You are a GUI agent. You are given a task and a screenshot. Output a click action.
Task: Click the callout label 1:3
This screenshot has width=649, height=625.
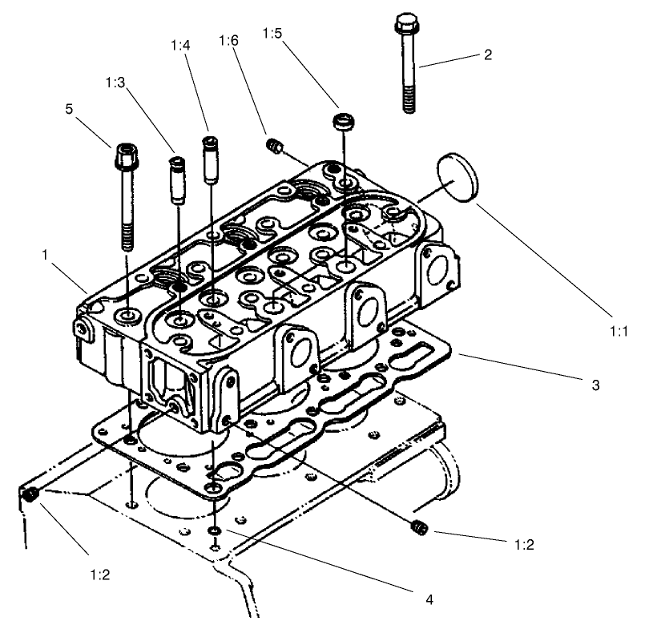click(115, 83)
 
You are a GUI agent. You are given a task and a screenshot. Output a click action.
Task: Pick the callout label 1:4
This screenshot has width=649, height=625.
click(180, 46)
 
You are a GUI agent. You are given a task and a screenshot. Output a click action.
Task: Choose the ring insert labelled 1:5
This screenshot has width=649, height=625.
click(344, 122)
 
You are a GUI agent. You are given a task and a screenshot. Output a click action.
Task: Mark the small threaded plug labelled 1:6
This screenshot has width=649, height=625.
click(274, 145)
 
